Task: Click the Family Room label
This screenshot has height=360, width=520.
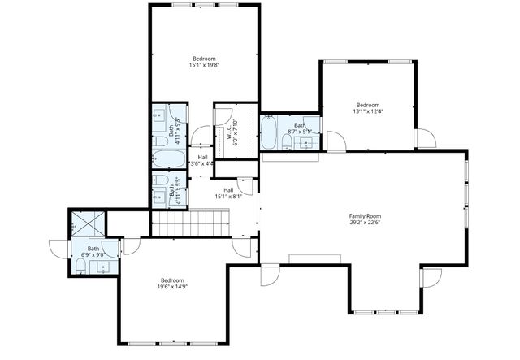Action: click(365, 216)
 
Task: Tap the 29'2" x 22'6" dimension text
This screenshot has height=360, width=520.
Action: click(365, 223)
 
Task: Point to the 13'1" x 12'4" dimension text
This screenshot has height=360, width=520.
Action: click(367, 112)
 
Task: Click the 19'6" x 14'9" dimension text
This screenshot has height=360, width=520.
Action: click(171, 287)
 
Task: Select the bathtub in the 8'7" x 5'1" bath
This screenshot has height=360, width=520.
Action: click(269, 132)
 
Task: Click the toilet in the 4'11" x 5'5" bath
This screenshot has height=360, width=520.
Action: click(161, 180)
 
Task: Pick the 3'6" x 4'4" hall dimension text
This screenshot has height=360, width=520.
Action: click(201, 163)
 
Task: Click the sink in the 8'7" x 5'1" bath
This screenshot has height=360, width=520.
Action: click(306, 142)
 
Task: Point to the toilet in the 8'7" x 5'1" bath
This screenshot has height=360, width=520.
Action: click(287, 143)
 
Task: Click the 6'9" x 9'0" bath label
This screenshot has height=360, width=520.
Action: click(93, 249)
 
